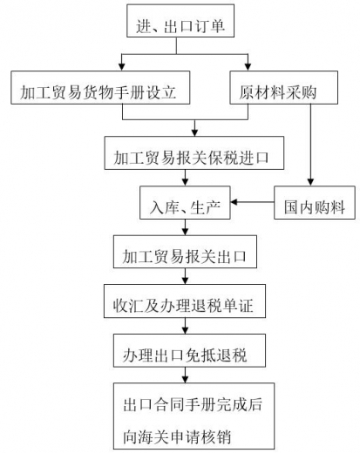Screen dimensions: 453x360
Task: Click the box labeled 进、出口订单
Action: [181, 27]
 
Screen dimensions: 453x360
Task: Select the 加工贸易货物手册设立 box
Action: [104, 91]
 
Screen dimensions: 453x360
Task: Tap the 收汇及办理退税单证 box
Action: [182, 304]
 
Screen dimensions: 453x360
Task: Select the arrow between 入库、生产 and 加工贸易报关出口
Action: [182, 229]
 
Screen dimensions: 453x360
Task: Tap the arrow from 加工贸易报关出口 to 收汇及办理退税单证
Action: [182, 279]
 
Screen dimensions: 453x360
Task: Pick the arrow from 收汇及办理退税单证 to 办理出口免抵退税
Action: [182, 328]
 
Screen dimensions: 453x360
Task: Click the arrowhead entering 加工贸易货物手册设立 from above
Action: [122, 68]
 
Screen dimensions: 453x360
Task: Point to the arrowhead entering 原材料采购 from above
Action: [248, 68]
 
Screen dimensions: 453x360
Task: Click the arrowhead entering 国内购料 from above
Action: [310, 183]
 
